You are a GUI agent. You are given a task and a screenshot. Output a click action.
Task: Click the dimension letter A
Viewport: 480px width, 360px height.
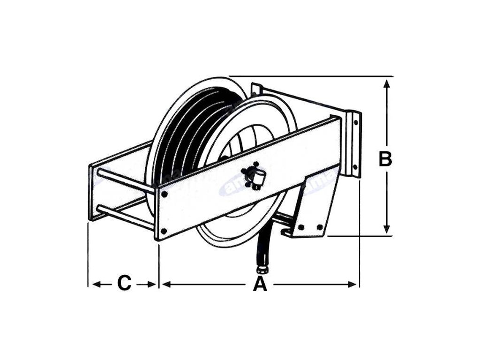click(260, 284)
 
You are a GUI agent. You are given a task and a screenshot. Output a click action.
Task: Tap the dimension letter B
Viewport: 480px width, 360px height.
click(385, 159)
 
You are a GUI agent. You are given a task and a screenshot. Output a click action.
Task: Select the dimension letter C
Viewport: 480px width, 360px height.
click(124, 284)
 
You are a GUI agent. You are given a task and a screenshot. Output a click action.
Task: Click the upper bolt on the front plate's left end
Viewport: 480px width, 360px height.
click(164, 193)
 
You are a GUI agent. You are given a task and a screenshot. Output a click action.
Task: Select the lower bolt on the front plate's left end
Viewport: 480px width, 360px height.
click(164, 231)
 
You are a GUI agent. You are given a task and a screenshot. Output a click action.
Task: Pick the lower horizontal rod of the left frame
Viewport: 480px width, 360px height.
click(125, 217)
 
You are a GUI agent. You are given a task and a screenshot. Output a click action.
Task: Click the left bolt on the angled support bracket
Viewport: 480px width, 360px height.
click(300, 227)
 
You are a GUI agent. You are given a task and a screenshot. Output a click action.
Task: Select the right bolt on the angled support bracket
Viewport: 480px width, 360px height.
click(320, 227)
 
